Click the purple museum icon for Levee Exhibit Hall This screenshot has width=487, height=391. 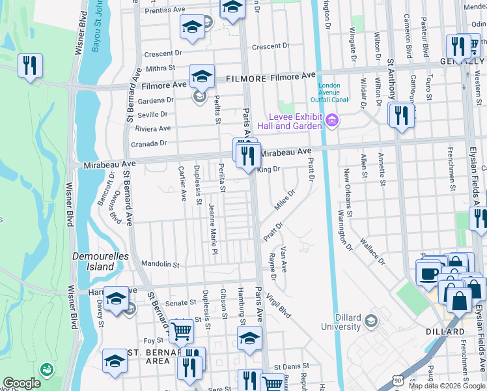332,120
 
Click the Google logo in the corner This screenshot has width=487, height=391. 21,383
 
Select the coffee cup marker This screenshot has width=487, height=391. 429,274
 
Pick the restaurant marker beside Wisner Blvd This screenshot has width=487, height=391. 30,66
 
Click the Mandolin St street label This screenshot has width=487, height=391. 160,265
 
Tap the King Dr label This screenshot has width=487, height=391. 268,169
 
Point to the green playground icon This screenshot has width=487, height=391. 46,369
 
